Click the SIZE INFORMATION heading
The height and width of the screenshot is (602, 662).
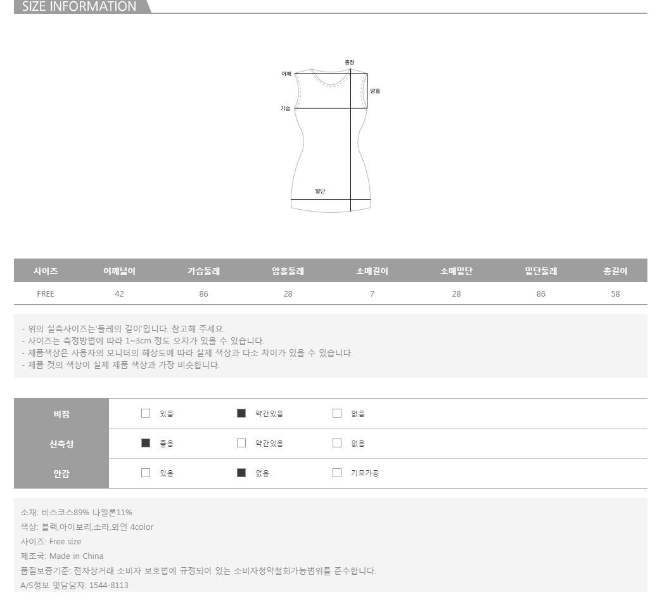click(79, 6)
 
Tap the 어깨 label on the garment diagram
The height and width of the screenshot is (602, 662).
click(286, 74)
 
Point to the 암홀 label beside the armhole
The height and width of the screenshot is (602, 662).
click(375, 91)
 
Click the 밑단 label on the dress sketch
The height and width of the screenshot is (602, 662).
click(320, 191)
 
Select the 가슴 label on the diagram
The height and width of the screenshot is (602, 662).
click(286, 108)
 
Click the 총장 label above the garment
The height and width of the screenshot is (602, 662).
click(350, 62)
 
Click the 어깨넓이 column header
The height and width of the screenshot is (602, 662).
click(120, 271)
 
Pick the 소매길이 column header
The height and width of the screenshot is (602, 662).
click(372, 271)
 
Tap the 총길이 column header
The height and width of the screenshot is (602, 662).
click(615, 271)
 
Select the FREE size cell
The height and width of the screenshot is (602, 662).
click(46, 293)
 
